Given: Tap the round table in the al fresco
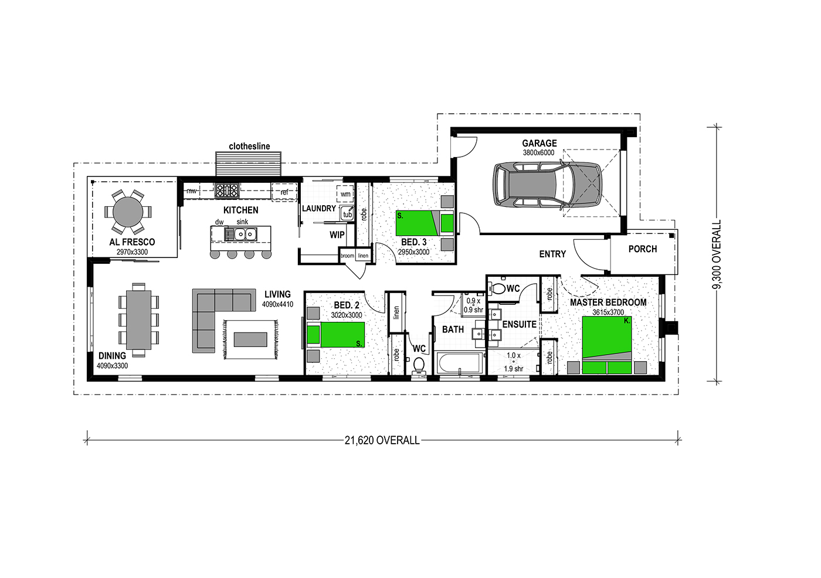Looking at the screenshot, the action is click(x=128, y=212).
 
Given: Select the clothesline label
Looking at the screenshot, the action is click(x=249, y=146).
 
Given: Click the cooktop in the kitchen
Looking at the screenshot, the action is click(x=227, y=191).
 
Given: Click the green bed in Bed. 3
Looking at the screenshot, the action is click(x=425, y=223).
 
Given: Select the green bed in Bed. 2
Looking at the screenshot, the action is click(x=335, y=334).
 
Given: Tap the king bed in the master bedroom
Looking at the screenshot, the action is click(x=607, y=345).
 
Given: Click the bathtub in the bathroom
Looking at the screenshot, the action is click(x=459, y=363).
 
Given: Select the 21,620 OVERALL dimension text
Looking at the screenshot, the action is click(x=382, y=440).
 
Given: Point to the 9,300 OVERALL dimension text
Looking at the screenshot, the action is click(x=717, y=254).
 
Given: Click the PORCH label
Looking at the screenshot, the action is click(x=643, y=249).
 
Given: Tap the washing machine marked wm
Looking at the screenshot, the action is click(x=345, y=194).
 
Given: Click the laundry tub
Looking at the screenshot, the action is click(x=347, y=214).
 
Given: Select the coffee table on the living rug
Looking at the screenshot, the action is click(x=250, y=339).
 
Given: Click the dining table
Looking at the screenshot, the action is click(x=138, y=319).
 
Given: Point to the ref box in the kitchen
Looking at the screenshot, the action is click(x=284, y=192).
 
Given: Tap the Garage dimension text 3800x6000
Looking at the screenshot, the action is click(x=539, y=153).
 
